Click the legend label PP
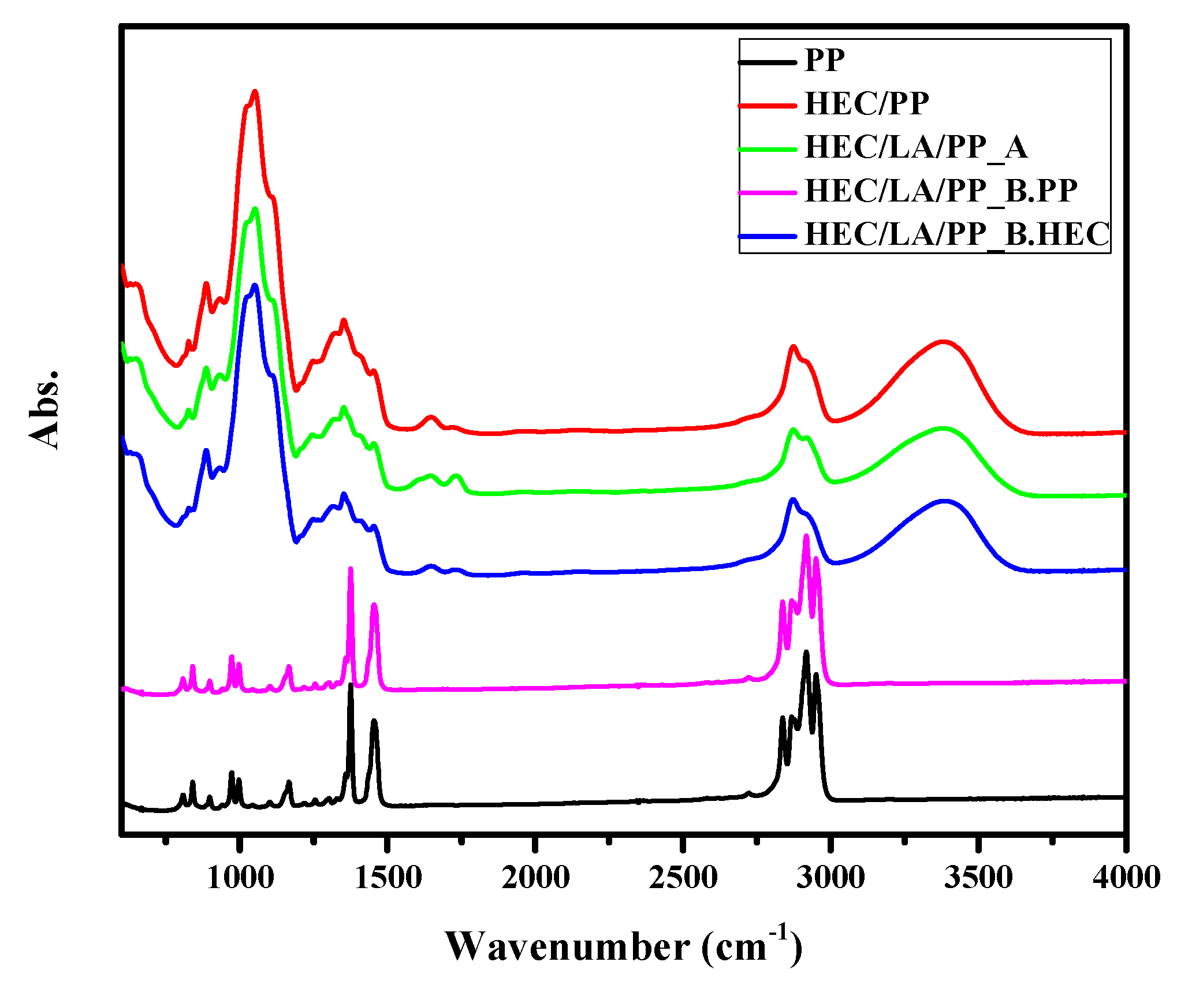click(825, 60)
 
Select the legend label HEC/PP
click(866, 104)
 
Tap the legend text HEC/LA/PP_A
click(916, 147)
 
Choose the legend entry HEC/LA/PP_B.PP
click(941, 191)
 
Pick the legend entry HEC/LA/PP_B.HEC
click(957, 234)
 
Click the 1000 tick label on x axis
click(240, 878)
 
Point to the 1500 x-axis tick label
click(388, 878)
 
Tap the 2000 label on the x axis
click(536, 878)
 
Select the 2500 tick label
click(683, 878)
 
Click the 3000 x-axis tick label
click(830, 878)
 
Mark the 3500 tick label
click(978, 878)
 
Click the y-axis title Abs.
click(45, 409)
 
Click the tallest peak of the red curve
click(255, 92)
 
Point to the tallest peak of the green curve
click(255, 209)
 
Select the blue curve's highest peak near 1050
click(255, 285)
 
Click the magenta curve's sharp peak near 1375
click(351, 569)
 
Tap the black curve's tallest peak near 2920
click(806, 653)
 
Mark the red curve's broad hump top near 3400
click(944, 341)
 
